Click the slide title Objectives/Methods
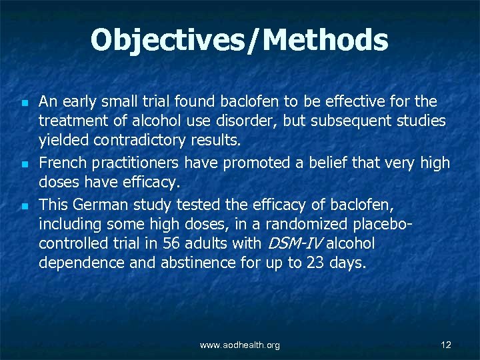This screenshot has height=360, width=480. coord(239,40)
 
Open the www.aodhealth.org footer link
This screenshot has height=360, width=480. coord(240,345)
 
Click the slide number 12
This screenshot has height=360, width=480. coord(446,345)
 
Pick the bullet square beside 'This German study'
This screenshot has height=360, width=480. coord(23,205)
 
